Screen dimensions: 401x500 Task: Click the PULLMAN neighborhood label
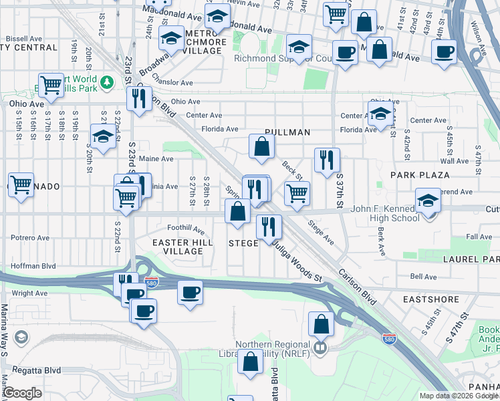(287, 132)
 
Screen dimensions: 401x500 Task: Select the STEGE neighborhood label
(243, 243)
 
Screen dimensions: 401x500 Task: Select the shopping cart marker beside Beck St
(297, 194)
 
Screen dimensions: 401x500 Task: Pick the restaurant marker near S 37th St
(327, 160)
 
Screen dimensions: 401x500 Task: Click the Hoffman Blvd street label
(28, 265)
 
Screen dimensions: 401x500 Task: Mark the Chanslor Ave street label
(172, 83)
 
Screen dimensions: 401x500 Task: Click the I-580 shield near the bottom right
(388, 339)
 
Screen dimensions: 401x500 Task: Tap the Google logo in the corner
(23, 393)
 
